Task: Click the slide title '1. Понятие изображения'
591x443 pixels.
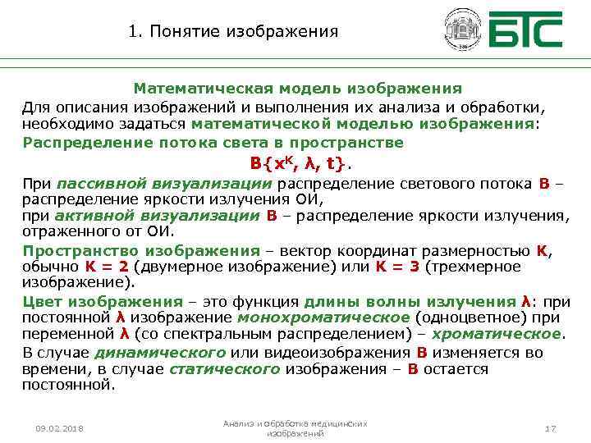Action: click(233, 32)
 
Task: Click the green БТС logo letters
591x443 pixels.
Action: click(525, 30)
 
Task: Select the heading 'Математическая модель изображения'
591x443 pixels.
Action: click(298, 88)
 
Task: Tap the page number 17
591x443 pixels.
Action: click(551, 428)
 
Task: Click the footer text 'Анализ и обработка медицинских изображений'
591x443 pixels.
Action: click(295, 427)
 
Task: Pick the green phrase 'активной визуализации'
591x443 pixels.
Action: click(158, 216)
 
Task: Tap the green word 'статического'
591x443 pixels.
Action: click(225, 368)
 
